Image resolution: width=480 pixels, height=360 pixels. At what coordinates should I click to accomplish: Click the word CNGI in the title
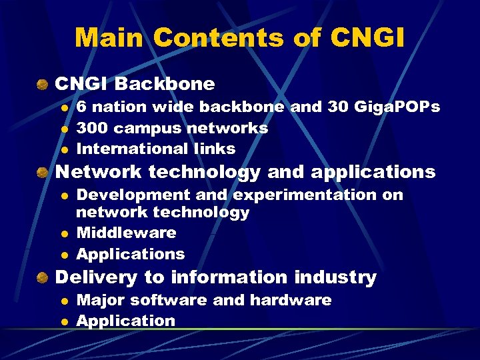tap(366, 37)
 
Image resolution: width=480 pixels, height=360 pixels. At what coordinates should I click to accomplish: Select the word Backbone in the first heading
tap(165, 84)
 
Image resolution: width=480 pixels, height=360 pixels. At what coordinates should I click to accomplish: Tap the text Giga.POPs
tap(398, 107)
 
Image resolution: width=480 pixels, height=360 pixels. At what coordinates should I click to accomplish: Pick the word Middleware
tap(127, 233)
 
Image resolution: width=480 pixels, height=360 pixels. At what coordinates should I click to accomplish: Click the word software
tap(173, 300)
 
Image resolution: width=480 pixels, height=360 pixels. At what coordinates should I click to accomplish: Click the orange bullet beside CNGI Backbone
tap(43, 85)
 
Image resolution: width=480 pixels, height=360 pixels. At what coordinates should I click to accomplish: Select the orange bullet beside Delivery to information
tap(43, 277)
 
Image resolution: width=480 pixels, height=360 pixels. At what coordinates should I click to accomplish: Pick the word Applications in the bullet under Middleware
tap(131, 254)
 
